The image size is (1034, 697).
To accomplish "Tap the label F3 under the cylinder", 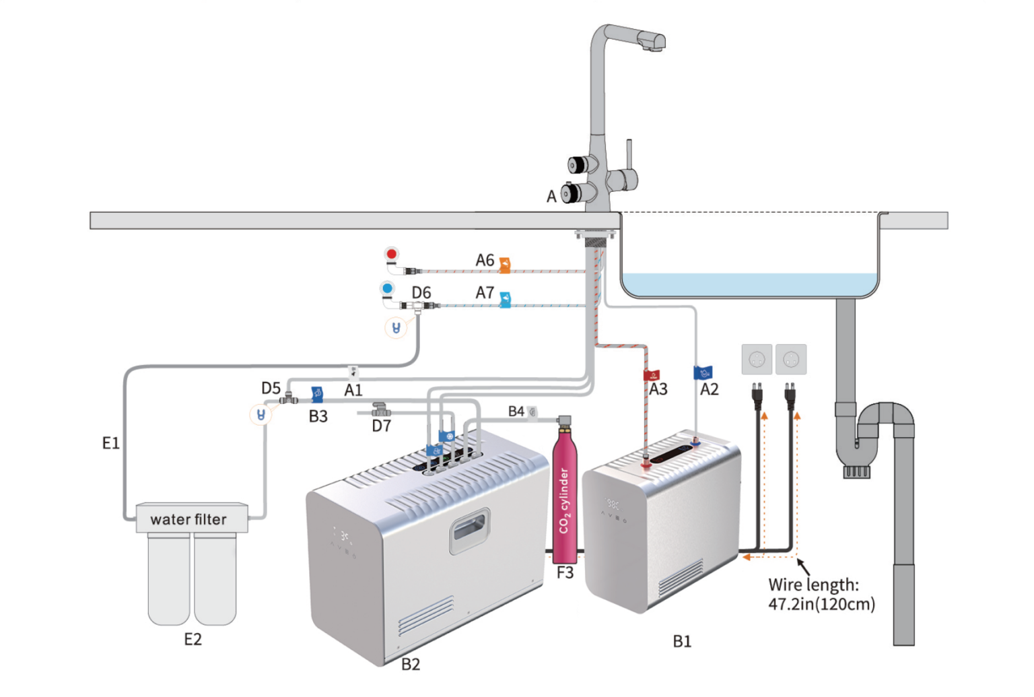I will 565,573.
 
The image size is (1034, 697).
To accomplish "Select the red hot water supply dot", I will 391,254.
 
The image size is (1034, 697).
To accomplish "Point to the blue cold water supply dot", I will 387,289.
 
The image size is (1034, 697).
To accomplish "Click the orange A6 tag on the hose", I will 504,265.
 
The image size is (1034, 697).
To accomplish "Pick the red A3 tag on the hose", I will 651,375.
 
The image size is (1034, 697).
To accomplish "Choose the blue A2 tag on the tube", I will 703,372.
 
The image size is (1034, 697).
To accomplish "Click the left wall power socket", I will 757,360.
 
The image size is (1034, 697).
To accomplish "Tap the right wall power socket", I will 791,360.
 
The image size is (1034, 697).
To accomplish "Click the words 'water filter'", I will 188,519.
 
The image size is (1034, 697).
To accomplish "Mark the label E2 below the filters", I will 193,639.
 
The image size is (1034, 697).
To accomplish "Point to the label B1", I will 682,642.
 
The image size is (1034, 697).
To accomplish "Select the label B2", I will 411,665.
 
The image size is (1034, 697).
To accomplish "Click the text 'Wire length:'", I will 813,585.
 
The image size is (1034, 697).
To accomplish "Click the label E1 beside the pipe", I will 110,443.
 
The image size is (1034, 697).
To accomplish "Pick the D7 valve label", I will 382,426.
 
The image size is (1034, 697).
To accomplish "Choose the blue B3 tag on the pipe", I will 316,395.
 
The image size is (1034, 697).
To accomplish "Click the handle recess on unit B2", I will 469,531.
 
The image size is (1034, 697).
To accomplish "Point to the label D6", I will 421,293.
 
